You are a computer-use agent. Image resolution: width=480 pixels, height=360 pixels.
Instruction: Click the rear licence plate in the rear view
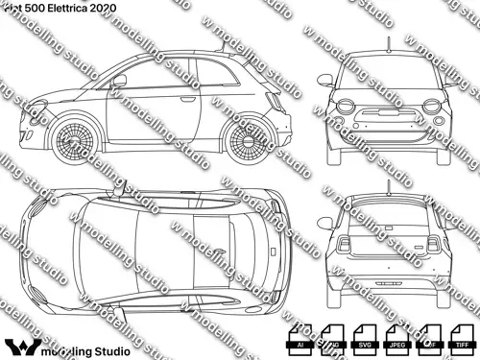click(x=388, y=286)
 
